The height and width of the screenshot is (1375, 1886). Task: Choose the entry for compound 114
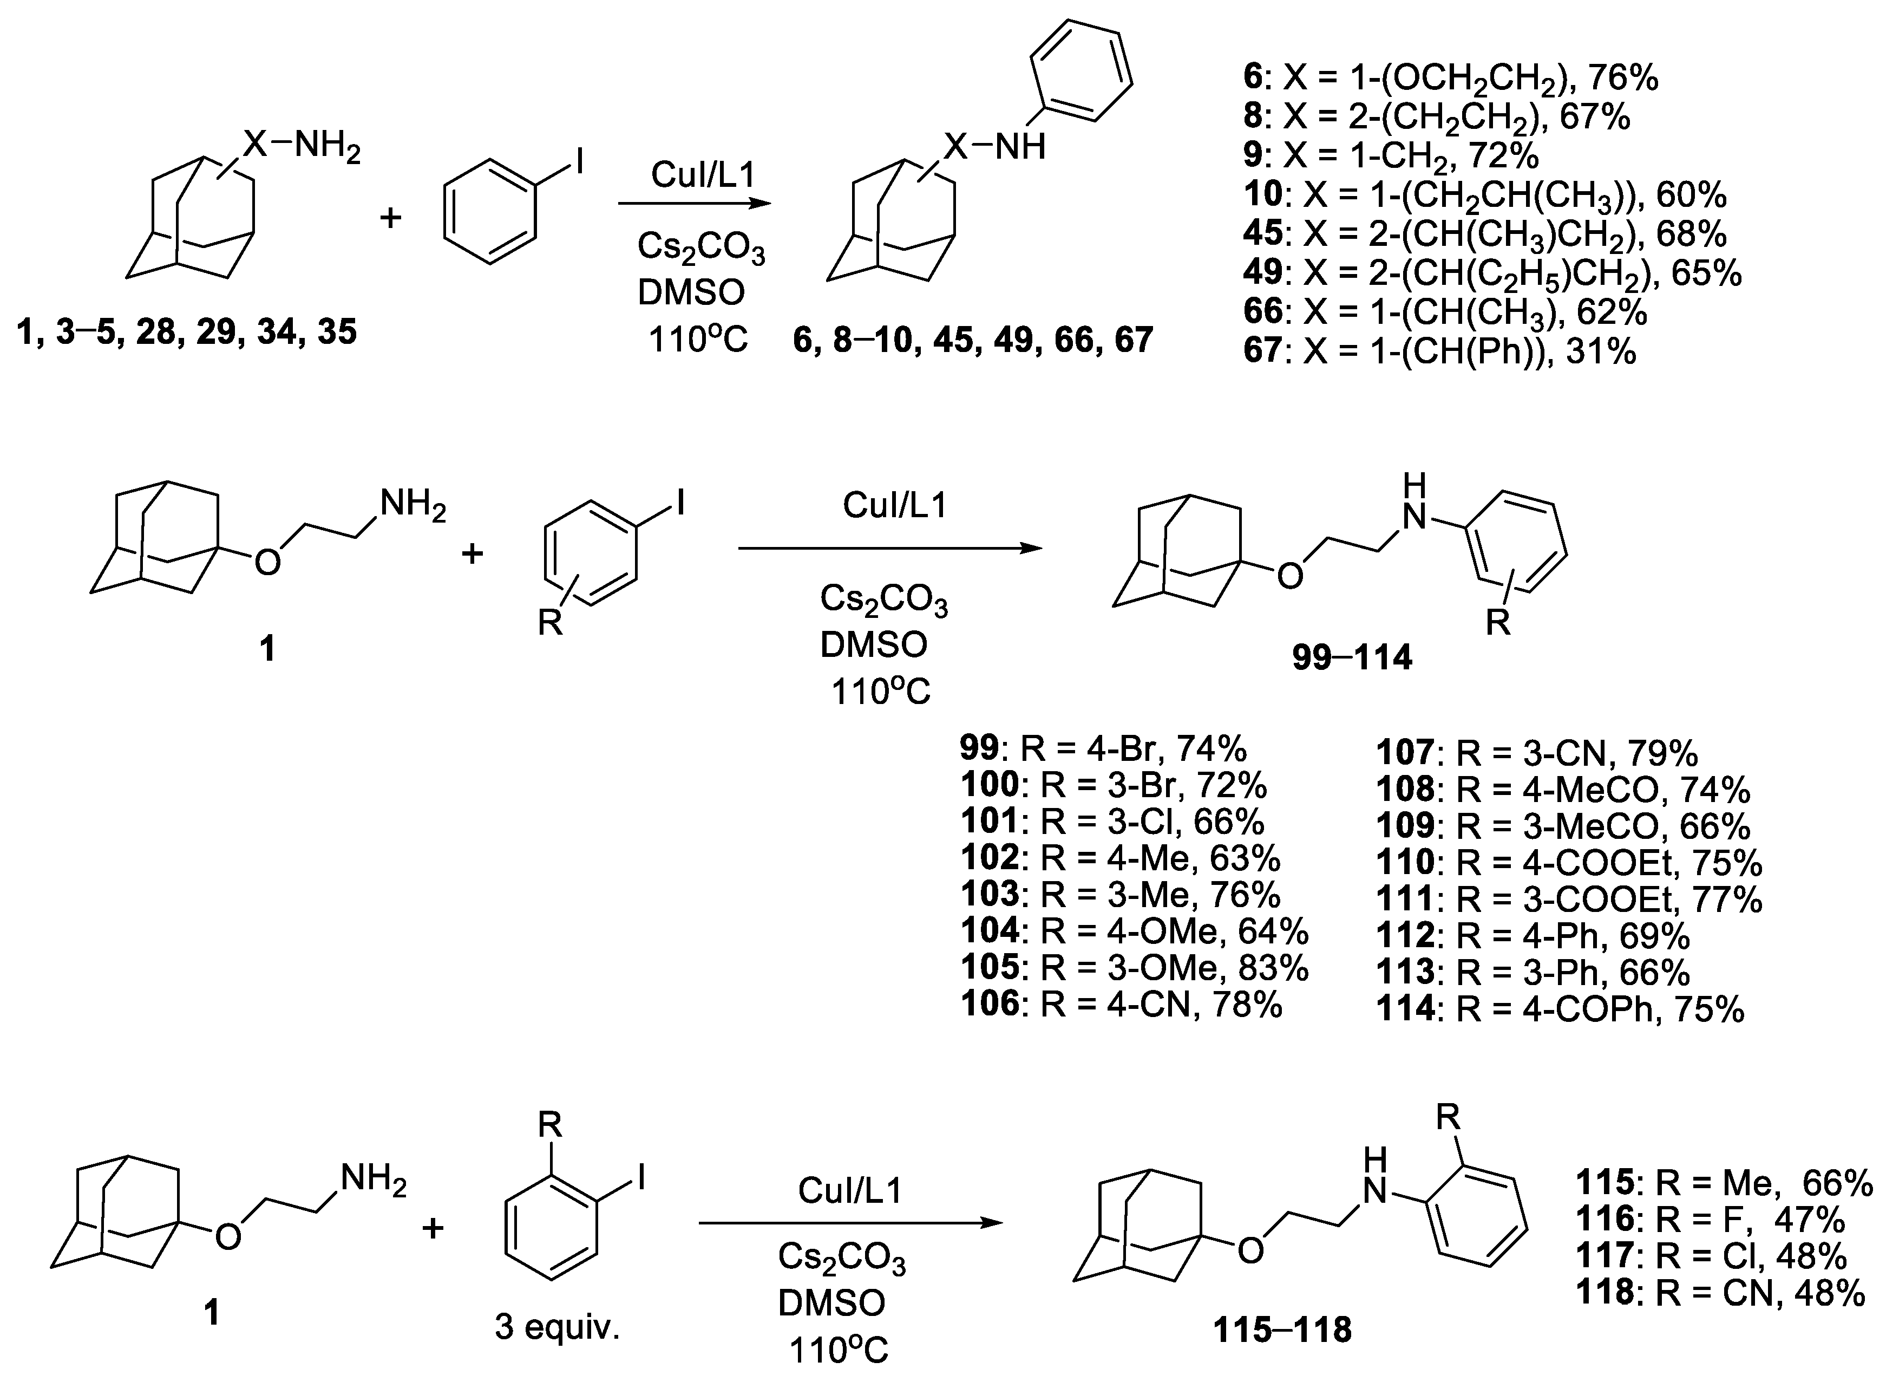[x=1560, y=1009]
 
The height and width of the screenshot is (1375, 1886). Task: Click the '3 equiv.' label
[x=558, y=1327]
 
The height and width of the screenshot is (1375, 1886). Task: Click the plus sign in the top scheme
[x=390, y=219]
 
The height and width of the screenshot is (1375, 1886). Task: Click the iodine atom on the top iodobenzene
[x=579, y=161]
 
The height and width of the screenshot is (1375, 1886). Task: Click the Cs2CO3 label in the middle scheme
[x=883, y=600]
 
